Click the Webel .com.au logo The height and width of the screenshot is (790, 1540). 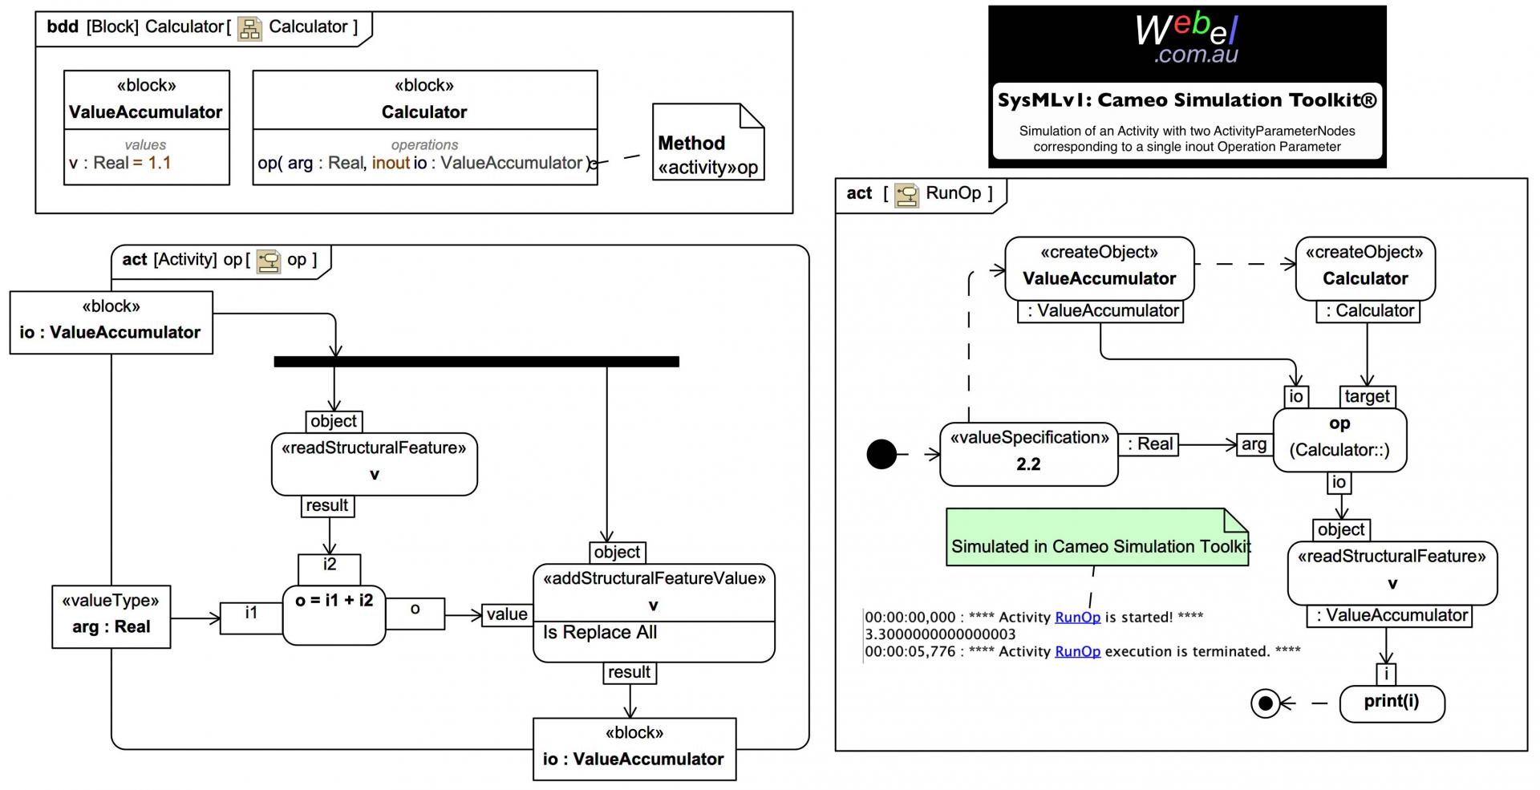point(1186,38)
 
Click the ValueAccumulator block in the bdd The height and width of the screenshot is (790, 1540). point(146,127)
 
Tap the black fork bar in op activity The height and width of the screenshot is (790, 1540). point(476,362)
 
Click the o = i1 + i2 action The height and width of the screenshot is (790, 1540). point(334,614)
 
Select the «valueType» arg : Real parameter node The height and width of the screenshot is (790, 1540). point(111,615)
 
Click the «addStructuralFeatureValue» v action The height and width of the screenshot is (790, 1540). point(653,613)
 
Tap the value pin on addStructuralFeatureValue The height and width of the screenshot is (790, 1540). point(507,614)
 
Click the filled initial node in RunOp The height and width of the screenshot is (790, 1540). point(881,454)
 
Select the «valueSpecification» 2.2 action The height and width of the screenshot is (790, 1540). point(1028,454)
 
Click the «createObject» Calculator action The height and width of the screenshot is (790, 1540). point(1365,268)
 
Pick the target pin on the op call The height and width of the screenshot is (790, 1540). point(1367,396)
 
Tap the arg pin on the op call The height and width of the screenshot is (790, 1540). point(1254,444)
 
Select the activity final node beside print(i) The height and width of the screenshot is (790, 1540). point(1265,703)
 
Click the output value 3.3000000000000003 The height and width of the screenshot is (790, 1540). point(940,634)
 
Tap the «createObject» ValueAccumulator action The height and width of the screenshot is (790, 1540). point(1099,268)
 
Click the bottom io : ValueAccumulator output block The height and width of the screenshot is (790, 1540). point(634,748)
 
